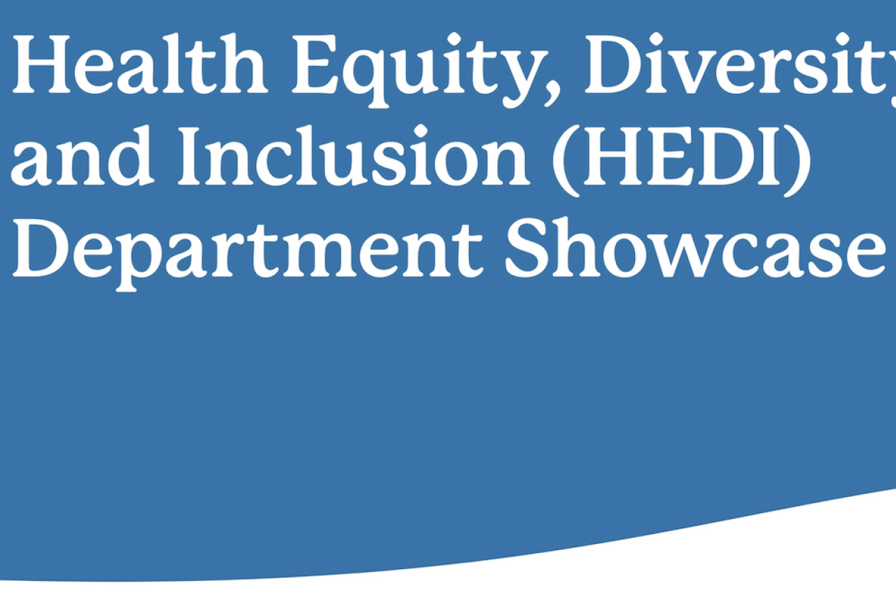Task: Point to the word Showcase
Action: tap(693, 248)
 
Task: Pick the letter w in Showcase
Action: tap(685, 255)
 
